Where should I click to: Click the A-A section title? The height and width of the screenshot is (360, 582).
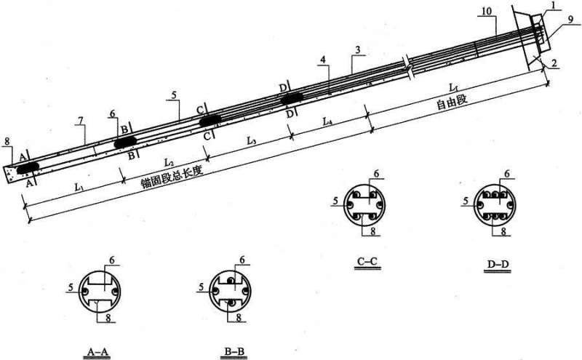pyautogui.click(x=98, y=351)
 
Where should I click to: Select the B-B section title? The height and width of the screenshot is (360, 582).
pyautogui.click(x=234, y=351)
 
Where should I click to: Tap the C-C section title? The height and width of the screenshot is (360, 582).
pyautogui.click(x=367, y=261)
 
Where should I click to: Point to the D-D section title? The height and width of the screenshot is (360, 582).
pyautogui.click(x=498, y=264)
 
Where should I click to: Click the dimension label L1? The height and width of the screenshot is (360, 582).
pyautogui.click(x=79, y=187)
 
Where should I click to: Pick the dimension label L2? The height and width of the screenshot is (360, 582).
pyautogui.click(x=169, y=162)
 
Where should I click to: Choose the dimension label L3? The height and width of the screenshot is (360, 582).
pyautogui.click(x=252, y=140)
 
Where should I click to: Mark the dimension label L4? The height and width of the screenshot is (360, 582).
pyautogui.click(x=327, y=121)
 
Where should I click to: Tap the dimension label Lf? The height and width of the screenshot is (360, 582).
pyautogui.click(x=453, y=87)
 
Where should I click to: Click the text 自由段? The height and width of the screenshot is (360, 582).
pyautogui.click(x=451, y=102)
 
